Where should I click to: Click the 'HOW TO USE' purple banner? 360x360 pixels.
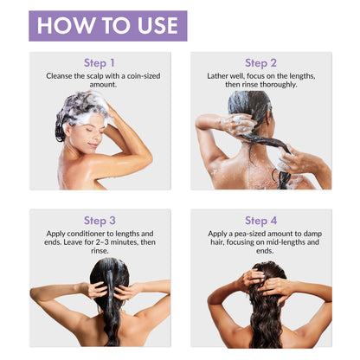[x=108, y=26]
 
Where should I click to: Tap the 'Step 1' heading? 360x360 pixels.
[x=100, y=63]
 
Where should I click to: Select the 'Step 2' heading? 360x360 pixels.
[x=260, y=63]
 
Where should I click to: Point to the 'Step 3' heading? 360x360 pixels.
[x=100, y=221]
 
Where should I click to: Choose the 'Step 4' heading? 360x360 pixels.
[x=261, y=221]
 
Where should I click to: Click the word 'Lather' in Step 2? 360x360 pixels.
[x=217, y=76]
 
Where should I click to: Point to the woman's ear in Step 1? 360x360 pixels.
[x=67, y=129]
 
